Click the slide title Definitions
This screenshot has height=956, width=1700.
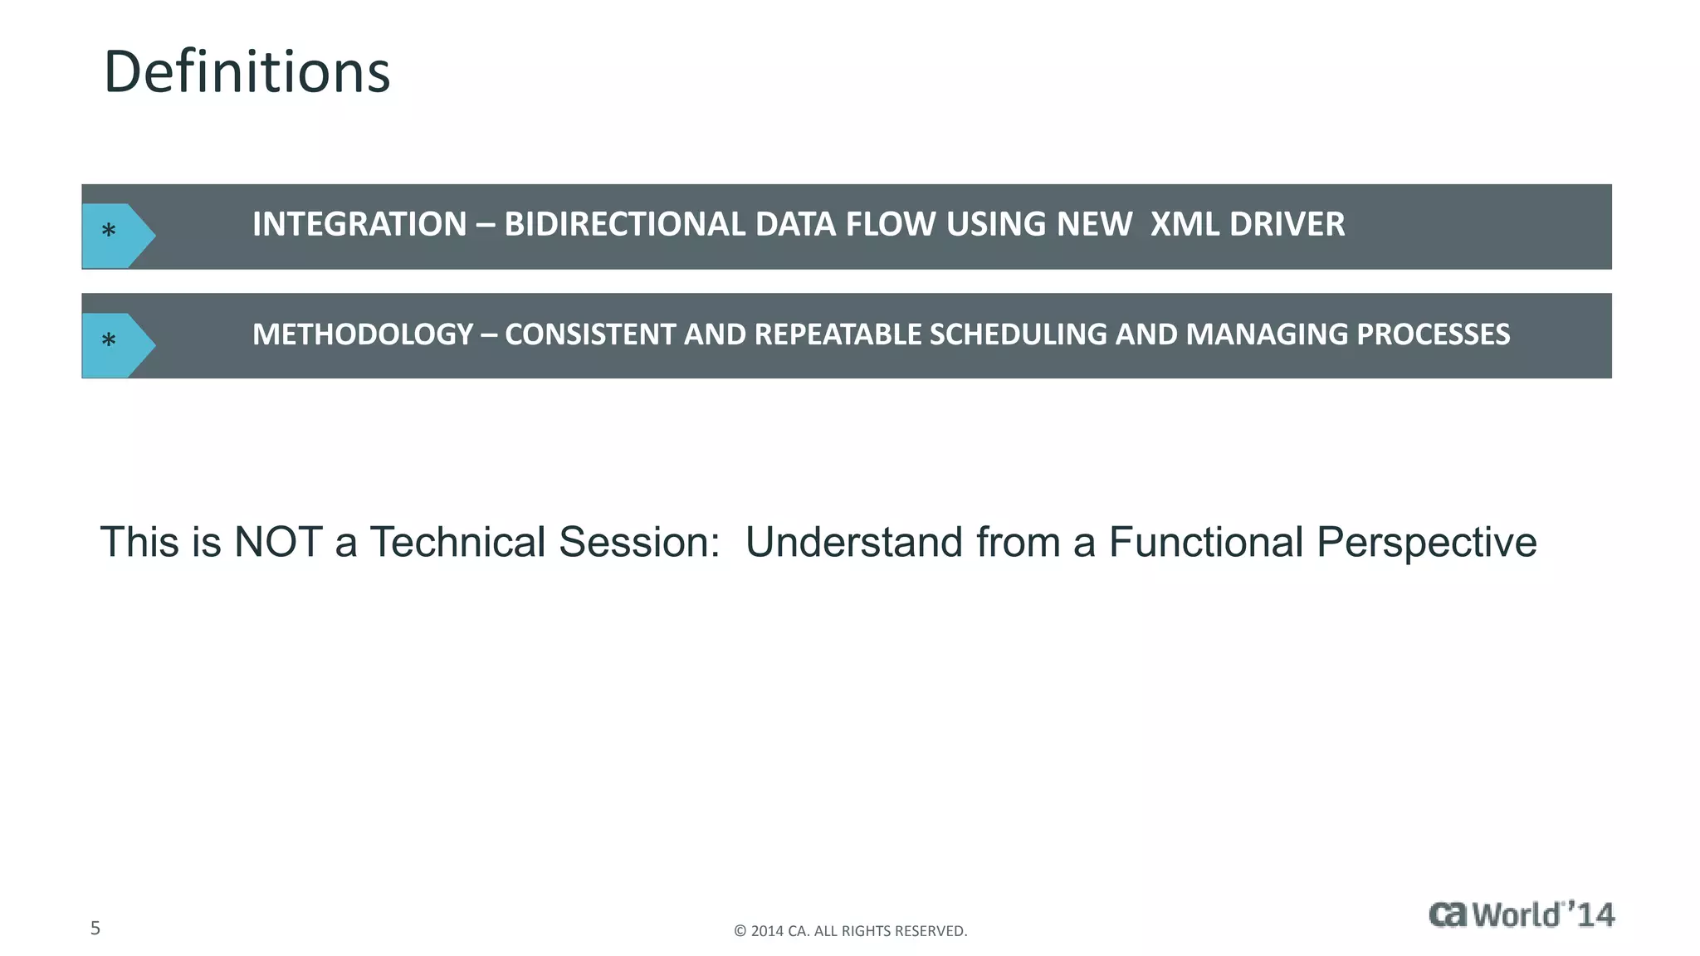tap(247, 72)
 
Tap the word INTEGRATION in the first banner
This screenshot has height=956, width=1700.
tap(359, 224)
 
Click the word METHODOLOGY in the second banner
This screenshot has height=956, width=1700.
tap(362, 334)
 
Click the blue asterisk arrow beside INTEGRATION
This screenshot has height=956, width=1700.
tap(116, 235)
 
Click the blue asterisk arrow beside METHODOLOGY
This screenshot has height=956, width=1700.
tap(116, 344)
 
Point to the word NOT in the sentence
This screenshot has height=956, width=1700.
tap(278, 542)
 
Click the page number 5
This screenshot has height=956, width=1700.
tap(95, 928)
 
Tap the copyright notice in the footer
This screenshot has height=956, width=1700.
tap(850, 931)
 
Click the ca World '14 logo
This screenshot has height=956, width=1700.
tap(1521, 915)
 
